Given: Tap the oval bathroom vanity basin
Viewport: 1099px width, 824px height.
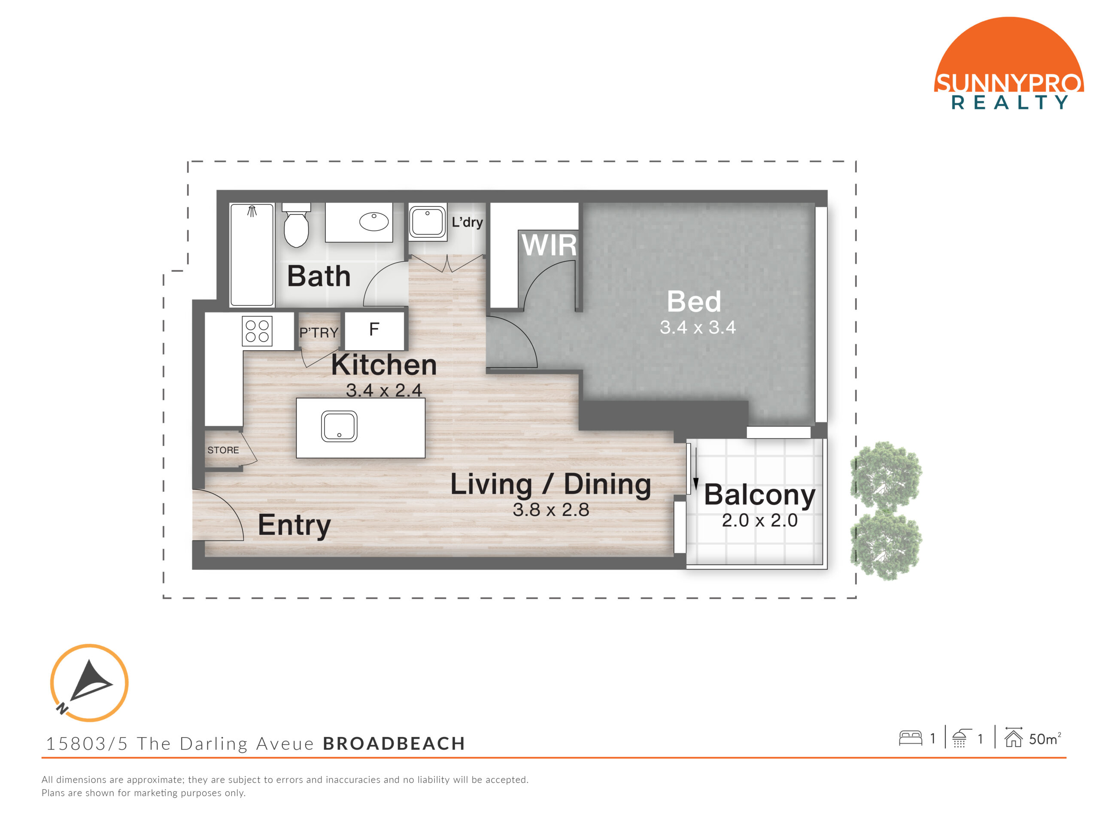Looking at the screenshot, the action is (x=373, y=221).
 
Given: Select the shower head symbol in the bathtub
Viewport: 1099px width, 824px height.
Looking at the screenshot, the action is (x=252, y=212).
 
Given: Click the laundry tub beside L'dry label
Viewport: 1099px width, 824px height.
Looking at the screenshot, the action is (x=427, y=221).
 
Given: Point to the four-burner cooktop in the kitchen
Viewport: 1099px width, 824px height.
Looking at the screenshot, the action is (x=257, y=331).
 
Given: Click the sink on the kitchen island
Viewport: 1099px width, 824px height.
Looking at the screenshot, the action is (x=339, y=426).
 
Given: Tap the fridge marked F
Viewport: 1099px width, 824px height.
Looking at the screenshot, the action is (x=374, y=330).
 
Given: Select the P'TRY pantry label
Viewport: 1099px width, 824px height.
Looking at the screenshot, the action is (x=319, y=332).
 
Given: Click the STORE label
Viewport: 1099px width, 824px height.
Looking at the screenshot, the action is (x=223, y=450).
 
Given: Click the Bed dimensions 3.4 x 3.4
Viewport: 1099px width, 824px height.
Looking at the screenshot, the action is (x=698, y=327).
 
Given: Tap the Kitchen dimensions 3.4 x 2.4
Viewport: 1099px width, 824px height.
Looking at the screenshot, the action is (x=384, y=391).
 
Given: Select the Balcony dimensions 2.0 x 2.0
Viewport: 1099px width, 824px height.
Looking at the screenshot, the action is (x=760, y=521).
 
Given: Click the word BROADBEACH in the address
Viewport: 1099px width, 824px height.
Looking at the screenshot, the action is (x=394, y=744).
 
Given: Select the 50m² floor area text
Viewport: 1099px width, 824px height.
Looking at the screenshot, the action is (x=1045, y=739).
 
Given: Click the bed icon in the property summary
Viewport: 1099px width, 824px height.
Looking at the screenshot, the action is (x=910, y=738).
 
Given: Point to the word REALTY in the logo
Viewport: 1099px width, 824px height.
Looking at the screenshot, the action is (x=1009, y=102).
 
